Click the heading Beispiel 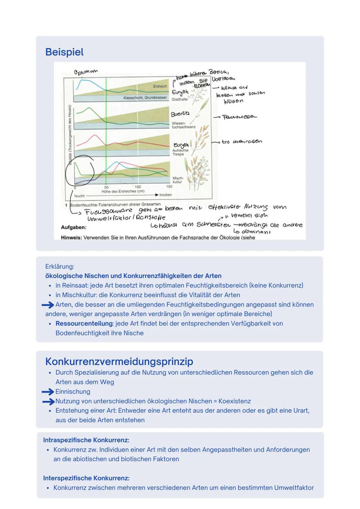64,52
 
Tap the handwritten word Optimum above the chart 86,72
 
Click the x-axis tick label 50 106,187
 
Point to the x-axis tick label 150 169,187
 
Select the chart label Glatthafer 180,99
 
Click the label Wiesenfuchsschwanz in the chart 183,125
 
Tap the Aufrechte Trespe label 180,152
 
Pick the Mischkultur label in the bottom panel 177,180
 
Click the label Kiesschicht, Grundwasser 145,98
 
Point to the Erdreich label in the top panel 160,86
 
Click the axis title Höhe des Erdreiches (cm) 123,191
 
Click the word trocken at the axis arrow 165,195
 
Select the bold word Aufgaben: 74,227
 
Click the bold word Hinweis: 71,238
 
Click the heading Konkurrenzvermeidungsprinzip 119,361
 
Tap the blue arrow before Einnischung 48,392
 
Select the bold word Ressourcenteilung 84,324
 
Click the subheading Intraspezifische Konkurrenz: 86,440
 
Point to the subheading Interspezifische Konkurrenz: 86,478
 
